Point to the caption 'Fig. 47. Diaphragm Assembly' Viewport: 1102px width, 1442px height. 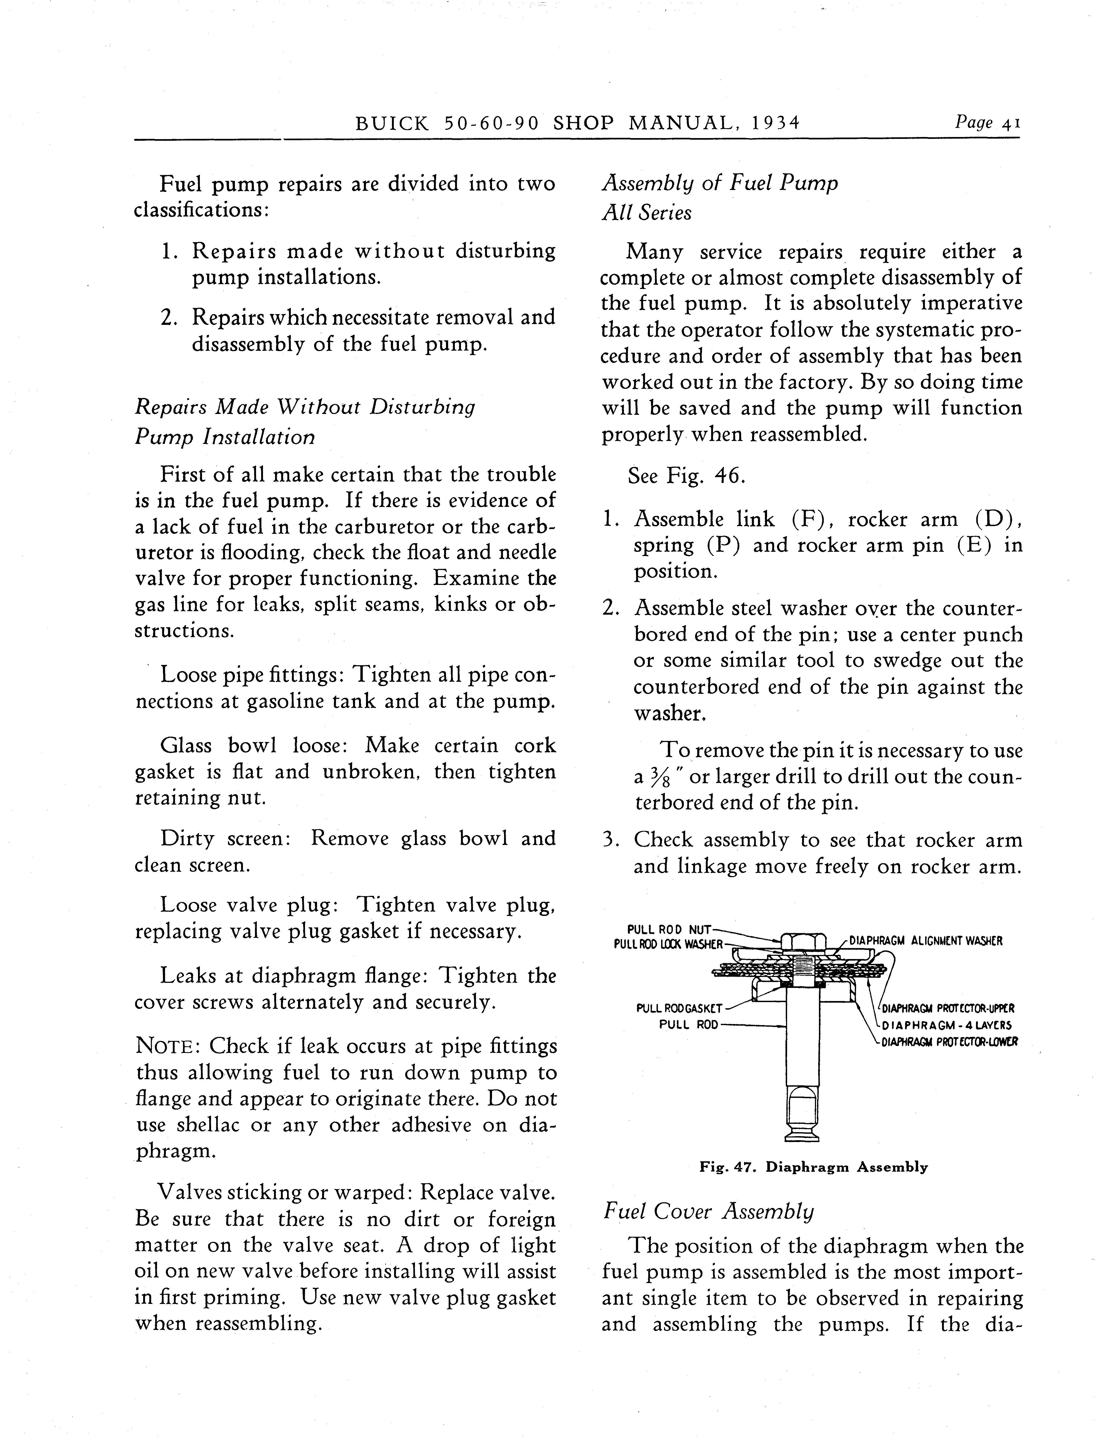(x=813, y=1167)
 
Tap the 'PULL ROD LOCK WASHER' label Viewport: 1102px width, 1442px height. (x=668, y=944)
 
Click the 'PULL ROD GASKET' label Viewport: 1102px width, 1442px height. (x=679, y=1008)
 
